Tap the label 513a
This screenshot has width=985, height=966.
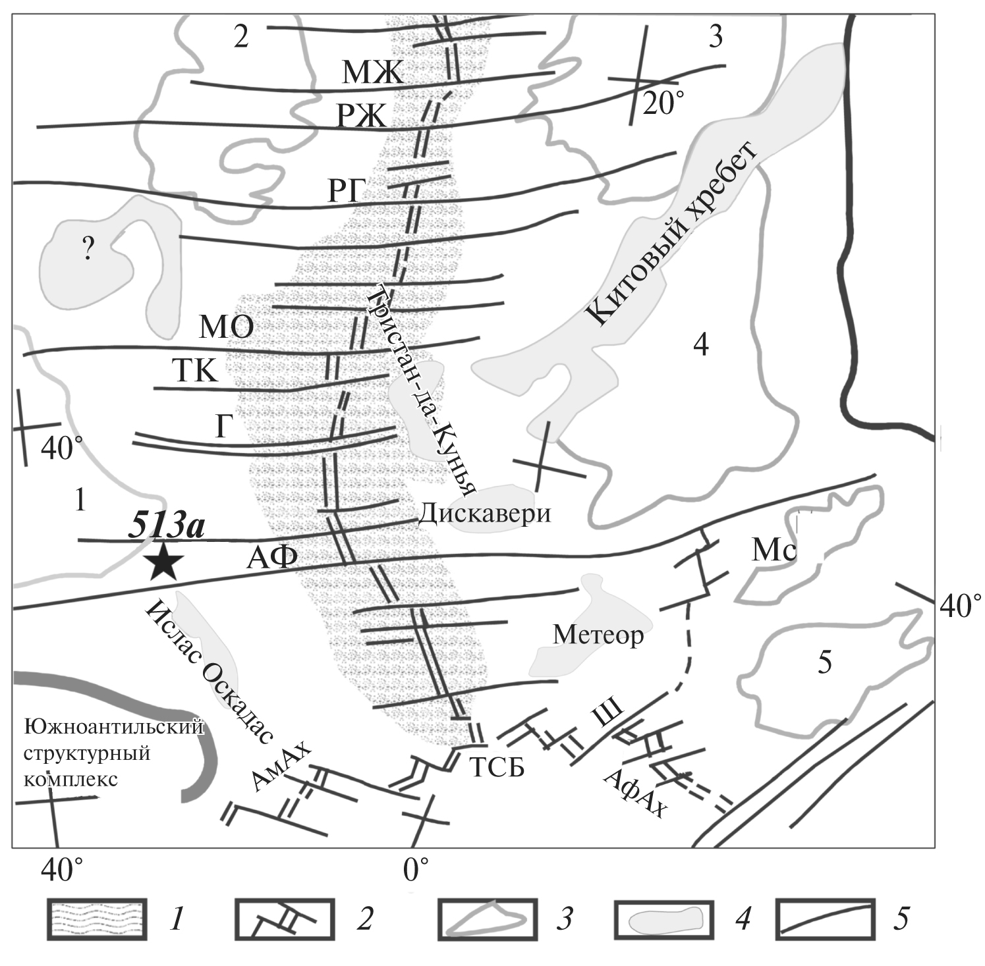166,527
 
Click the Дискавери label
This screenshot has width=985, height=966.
484,512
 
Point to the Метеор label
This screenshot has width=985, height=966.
598,635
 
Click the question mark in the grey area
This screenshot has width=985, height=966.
88,251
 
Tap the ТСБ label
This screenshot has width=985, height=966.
497,766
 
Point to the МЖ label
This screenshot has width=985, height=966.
372,72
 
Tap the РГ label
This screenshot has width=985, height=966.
347,192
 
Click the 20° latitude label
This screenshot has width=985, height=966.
663,103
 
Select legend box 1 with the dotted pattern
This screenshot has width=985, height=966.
96,919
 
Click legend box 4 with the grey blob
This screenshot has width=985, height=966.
664,919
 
